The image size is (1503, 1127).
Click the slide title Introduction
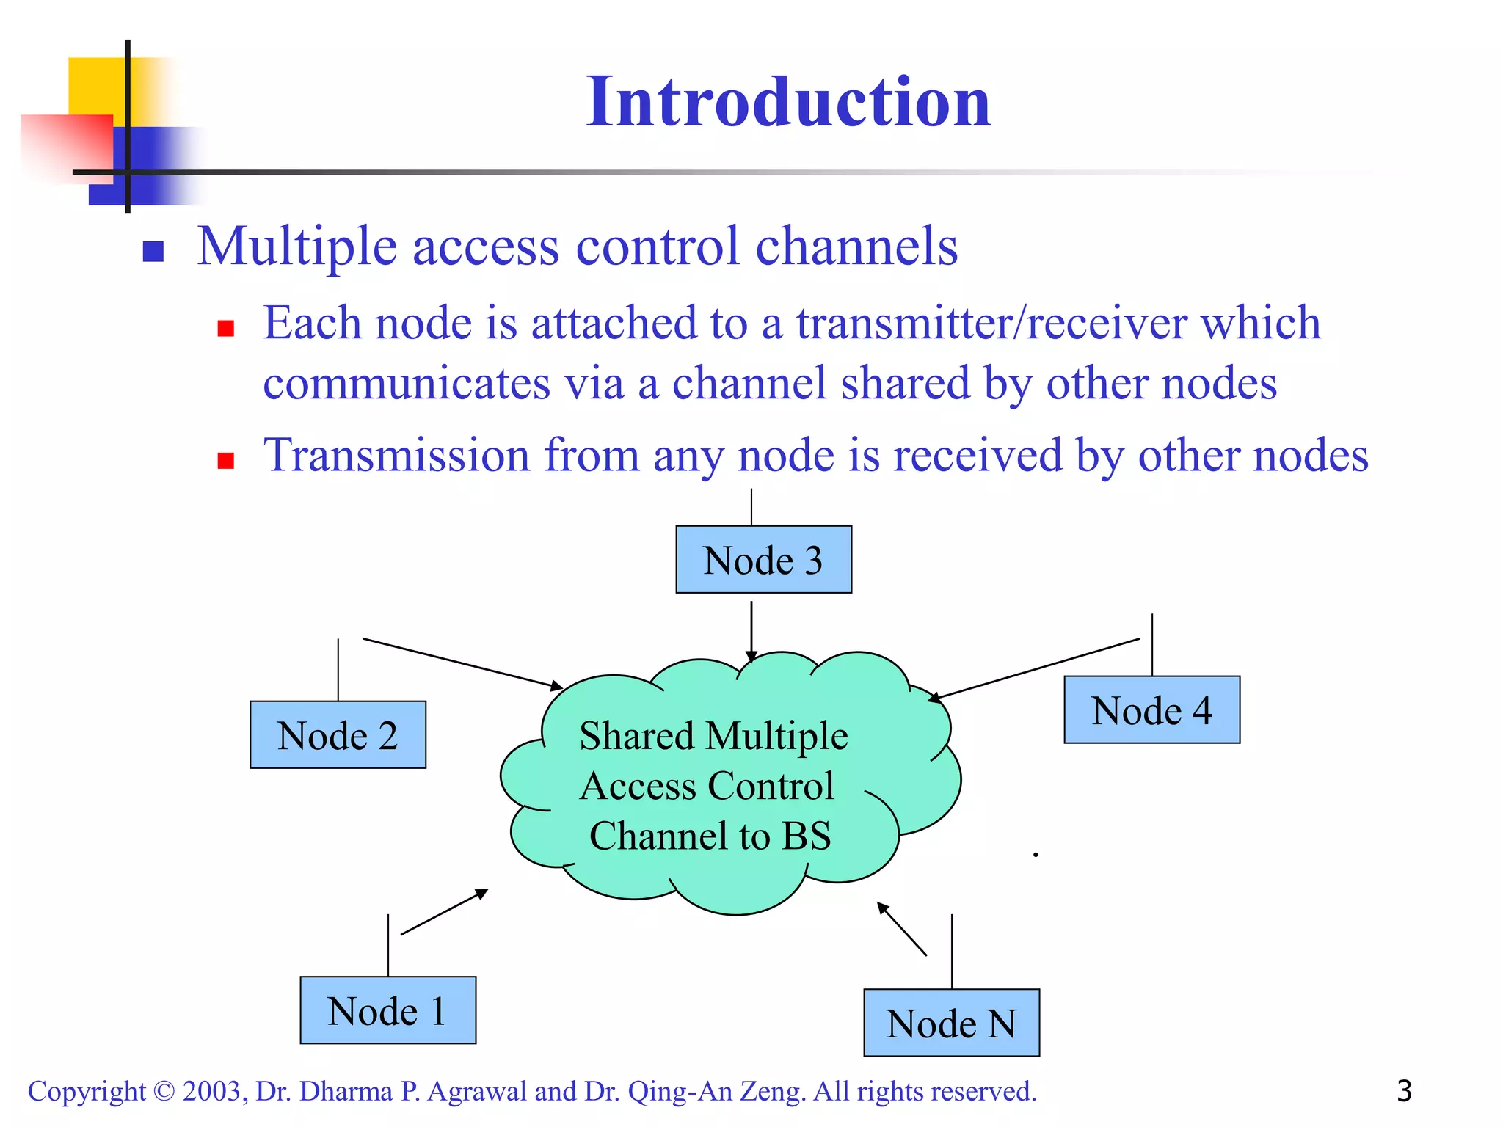(788, 102)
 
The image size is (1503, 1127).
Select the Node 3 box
(763, 560)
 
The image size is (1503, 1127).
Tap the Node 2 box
(338, 735)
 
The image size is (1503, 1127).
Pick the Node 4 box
(1151, 710)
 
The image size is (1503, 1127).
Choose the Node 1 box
(387, 1010)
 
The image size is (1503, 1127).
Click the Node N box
(951, 1023)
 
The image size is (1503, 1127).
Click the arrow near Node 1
(445, 912)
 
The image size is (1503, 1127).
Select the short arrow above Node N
(903, 930)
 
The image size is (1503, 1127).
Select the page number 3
(1404, 1091)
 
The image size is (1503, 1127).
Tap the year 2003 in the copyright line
(211, 1092)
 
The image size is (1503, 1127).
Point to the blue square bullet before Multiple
(153, 252)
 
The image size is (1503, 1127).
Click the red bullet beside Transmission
(225, 460)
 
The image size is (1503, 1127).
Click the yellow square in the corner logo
(95, 84)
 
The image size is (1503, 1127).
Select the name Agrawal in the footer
(477, 1092)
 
